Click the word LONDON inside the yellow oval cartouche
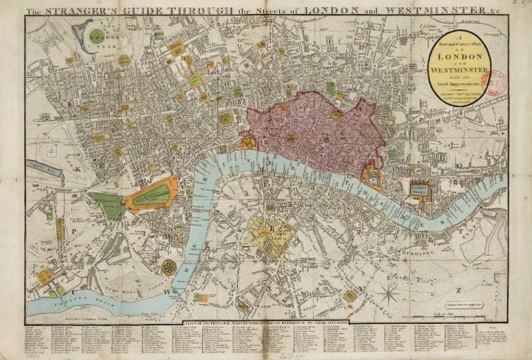pos(460,57)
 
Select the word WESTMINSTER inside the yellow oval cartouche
pos(460,71)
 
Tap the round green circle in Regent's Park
pos(96,35)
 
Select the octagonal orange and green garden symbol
pos(170,267)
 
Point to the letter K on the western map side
pos(76,168)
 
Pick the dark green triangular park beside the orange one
pos(109,205)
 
